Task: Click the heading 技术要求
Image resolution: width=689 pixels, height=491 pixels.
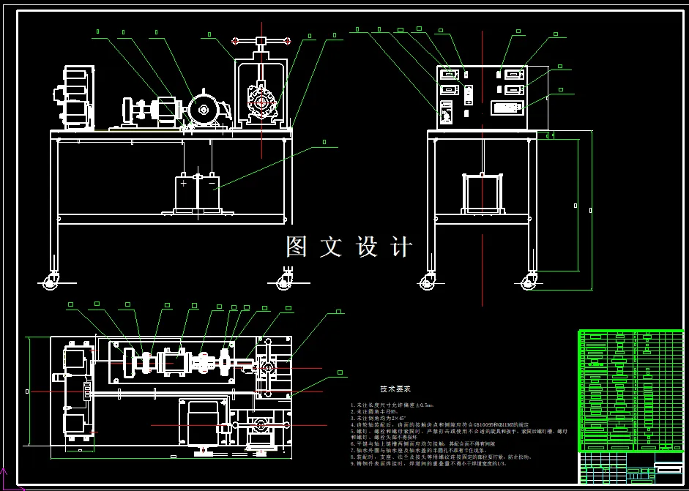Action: (x=395, y=389)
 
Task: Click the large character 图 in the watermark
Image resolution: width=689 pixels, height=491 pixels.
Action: (x=297, y=247)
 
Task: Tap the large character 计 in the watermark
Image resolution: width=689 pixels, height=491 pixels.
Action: (x=401, y=247)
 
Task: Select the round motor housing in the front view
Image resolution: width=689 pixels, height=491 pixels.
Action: (x=203, y=110)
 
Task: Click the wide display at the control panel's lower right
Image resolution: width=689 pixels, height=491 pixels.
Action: (x=508, y=108)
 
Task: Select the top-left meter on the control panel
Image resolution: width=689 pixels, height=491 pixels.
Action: (x=447, y=74)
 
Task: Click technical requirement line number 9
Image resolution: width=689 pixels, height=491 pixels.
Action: (x=428, y=463)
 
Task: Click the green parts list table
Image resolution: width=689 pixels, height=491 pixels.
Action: (x=630, y=391)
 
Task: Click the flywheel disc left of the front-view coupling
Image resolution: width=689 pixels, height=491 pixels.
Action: (x=130, y=111)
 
